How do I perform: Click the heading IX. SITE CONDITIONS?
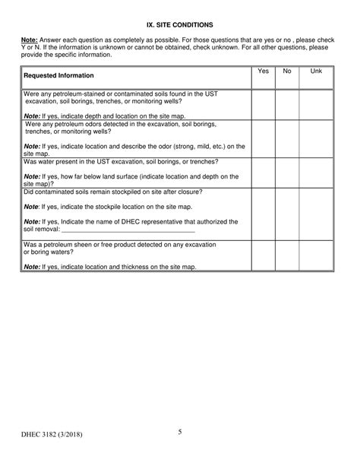pos(180,26)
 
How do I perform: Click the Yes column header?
pos(263,71)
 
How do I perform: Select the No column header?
pos(286,71)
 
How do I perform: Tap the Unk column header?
pos(316,71)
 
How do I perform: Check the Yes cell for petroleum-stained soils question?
pos(263,104)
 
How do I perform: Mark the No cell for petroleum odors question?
pos(286,138)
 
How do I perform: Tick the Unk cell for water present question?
pos(316,173)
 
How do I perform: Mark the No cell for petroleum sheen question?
pos(286,255)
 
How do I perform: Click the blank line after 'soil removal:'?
pos(127,229)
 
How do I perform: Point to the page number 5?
pos(180,433)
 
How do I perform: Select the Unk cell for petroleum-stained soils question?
pos(316,104)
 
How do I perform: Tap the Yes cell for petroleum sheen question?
pos(263,255)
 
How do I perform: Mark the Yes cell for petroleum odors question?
pos(263,138)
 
